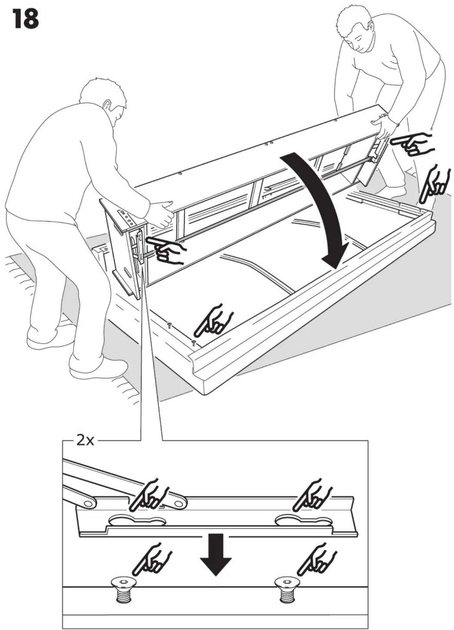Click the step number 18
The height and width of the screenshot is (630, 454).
click(x=26, y=19)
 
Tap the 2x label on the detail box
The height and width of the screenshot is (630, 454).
click(x=85, y=441)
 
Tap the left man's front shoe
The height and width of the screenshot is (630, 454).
click(x=98, y=367)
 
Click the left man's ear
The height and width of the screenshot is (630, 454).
click(x=107, y=105)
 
